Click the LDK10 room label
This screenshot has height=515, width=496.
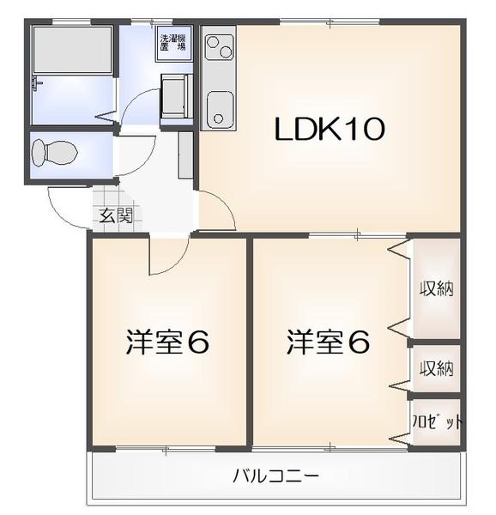(330, 130)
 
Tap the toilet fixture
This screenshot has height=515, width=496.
(54, 154)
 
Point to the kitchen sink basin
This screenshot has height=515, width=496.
(218, 108)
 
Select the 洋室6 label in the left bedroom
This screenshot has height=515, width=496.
(167, 342)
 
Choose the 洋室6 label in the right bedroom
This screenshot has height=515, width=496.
(328, 342)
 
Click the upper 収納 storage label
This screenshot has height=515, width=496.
(437, 288)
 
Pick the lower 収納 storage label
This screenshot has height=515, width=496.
(437, 369)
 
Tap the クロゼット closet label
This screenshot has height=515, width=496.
(438, 422)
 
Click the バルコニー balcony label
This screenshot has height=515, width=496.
(275, 475)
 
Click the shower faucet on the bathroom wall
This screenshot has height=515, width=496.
(37, 82)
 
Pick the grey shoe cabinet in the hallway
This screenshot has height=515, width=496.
(185, 154)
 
